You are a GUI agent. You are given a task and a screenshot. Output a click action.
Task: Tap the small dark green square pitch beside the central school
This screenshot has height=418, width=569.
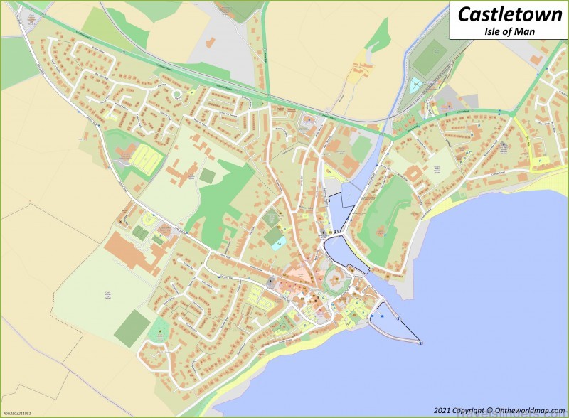tap(208, 174)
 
